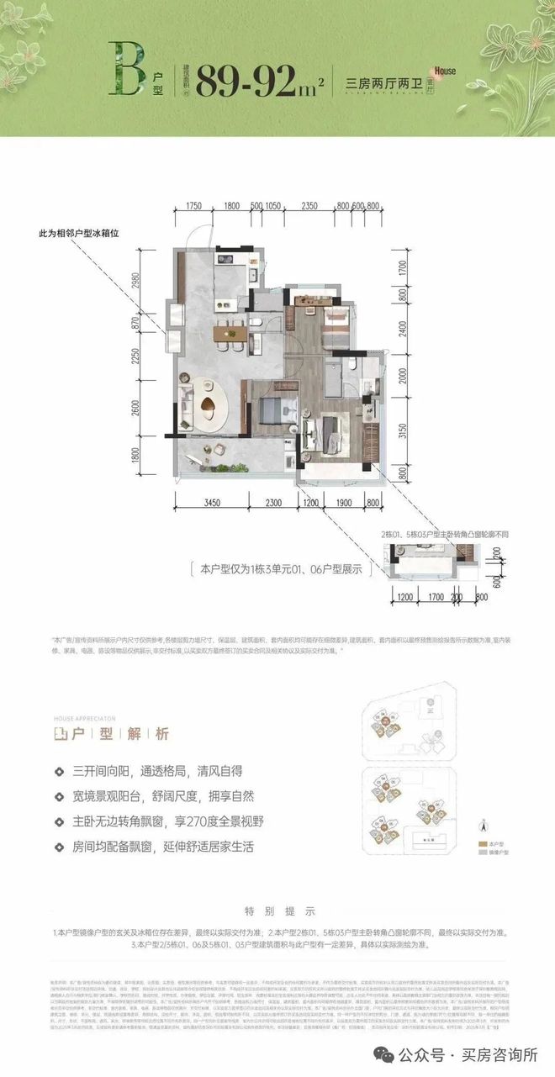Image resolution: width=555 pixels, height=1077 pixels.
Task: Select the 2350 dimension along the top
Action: pos(309,204)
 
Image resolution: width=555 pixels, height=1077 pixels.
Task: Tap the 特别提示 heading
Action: pos(278,911)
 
